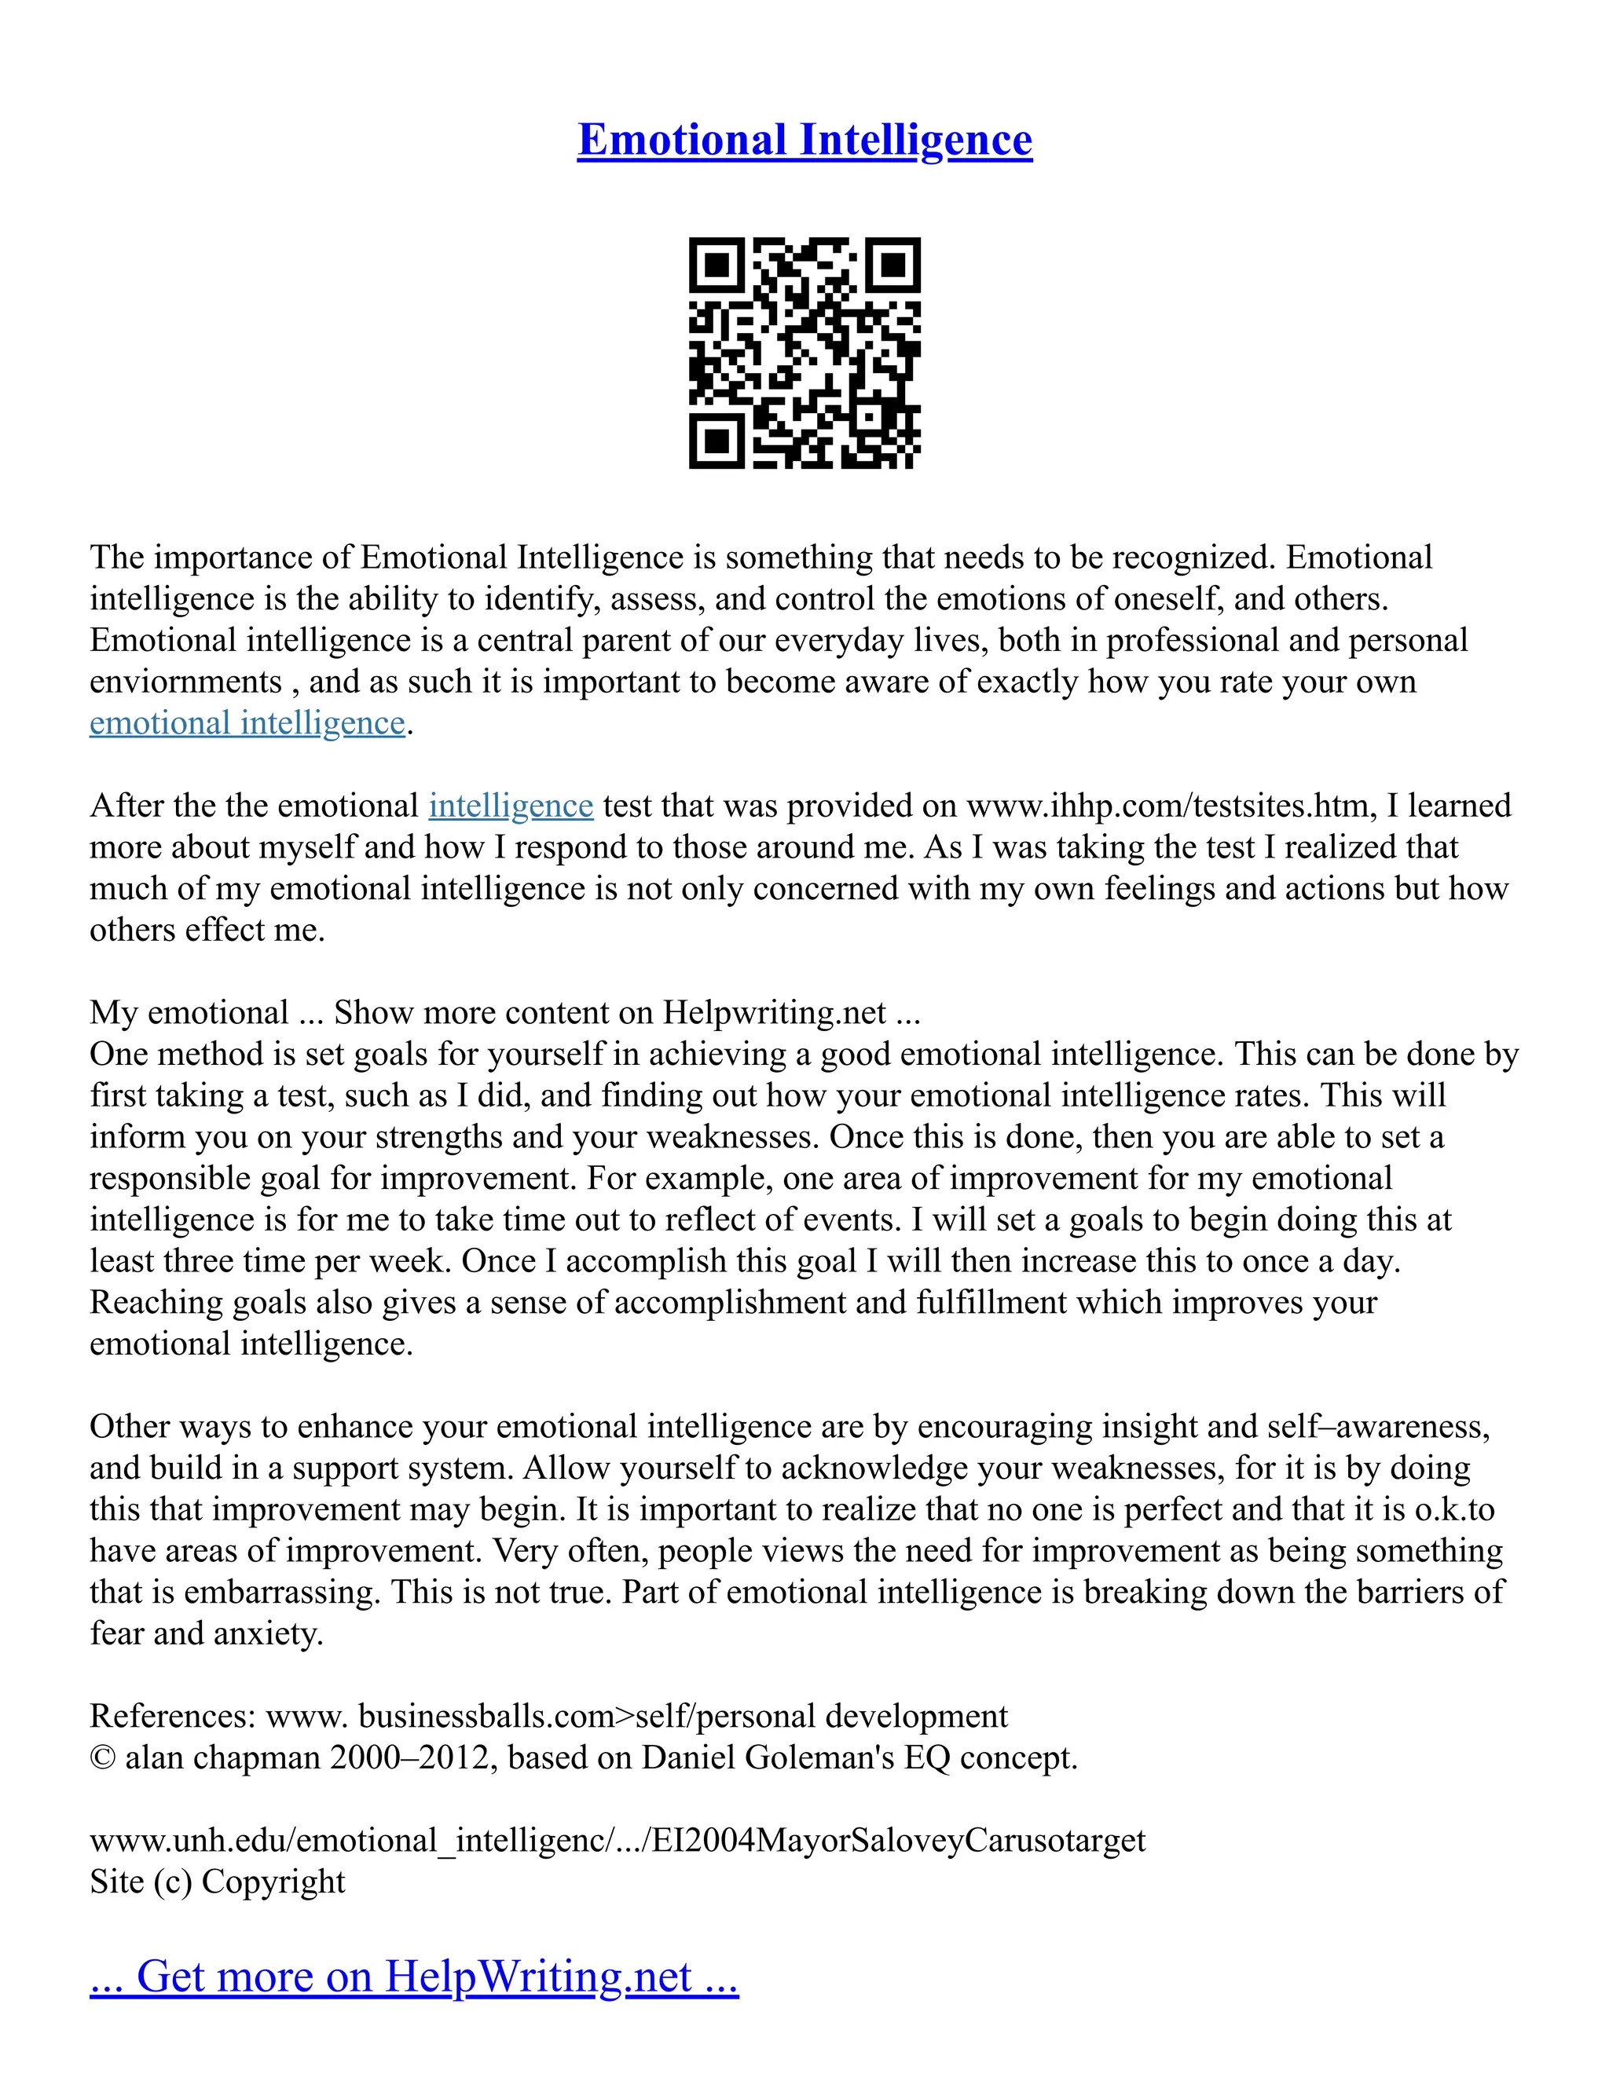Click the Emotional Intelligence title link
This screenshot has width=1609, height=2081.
pyautogui.click(x=804, y=140)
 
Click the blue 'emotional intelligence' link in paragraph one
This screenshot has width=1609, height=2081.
pyautogui.click(x=247, y=723)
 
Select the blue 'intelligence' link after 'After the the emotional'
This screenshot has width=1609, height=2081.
pyautogui.click(x=511, y=806)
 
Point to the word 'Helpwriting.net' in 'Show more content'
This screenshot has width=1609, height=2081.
pyautogui.click(x=774, y=1012)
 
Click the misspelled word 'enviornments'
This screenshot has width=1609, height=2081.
pyautogui.click(x=186, y=682)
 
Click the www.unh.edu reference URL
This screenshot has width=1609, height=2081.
pyautogui.click(x=617, y=1840)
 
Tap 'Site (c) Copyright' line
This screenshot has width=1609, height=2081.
pyautogui.click(x=218, y=1882)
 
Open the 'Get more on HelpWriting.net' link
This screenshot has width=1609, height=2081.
pyautogui.click(x=414, y=1977)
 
